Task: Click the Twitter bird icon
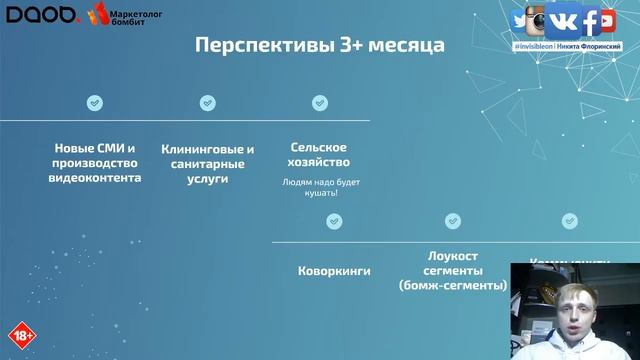[x=521, y=22]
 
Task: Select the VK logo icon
[x=569, y=21]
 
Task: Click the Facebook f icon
[x=592, y=21]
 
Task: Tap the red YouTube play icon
[x=607, y=21]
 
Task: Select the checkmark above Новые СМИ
[x=94, y=102]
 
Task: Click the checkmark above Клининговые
[x=207, y=102]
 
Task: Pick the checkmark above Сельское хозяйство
[x=319, y=102]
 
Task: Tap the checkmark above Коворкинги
[x=335, y=220]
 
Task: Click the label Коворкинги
[x=335, y=271]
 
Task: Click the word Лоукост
[x=453, y=256]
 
